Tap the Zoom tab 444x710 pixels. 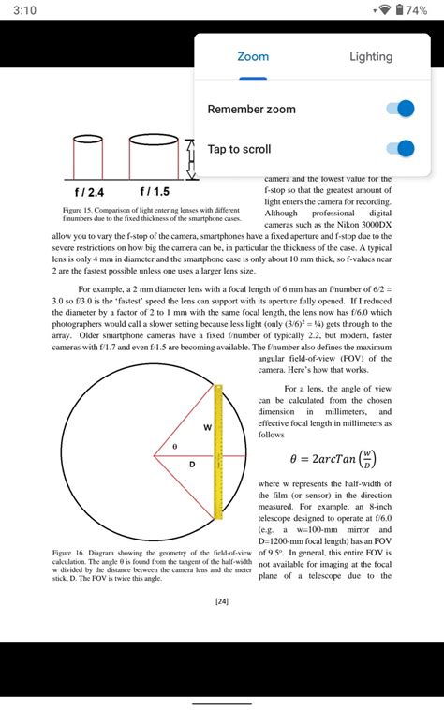[x=253, y=57]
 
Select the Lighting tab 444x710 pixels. [x=371, y=57]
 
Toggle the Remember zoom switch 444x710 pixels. [x=400, y=109]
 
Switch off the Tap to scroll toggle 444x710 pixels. [x=400, y=149]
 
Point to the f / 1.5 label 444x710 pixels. [x=155, y=191]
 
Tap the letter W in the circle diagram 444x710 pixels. [x=207, y=427]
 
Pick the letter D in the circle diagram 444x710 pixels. [x=193, y=465]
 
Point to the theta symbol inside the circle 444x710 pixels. [x=174, y=447]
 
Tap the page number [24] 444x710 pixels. [x=222, y=602]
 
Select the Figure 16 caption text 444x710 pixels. [x=151, y=566]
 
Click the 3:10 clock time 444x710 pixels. [x=25, y=9]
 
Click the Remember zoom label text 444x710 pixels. [x=251, y=109]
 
